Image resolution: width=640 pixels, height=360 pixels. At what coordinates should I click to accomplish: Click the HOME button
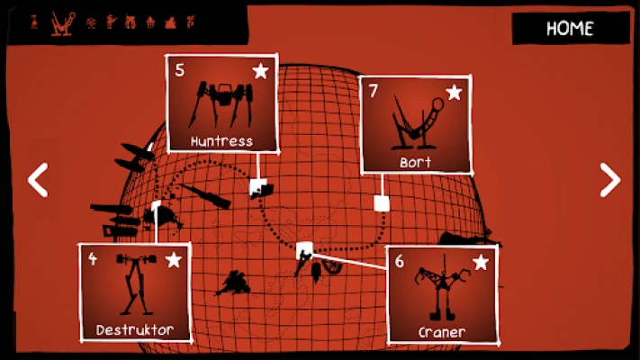pyautogui.click(x=571, y=28)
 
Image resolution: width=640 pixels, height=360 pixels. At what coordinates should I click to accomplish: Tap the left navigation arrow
pyautogui.click(x=38, y=180)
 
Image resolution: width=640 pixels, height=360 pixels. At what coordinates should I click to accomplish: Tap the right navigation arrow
pyautogui.click(x=610, y=180)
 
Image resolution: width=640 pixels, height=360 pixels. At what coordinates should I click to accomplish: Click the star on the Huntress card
pyautogui.click(x=260, y=71)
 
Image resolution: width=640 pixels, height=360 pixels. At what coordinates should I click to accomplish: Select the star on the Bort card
pyautogui.click(x=454, y=92)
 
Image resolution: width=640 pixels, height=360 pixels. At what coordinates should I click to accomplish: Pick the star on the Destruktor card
pyautogui.click(x=174, y=259)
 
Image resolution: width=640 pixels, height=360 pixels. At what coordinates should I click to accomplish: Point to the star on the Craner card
pyautogui.click(x=481, y=262)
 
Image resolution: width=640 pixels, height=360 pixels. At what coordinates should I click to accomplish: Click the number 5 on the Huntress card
pyautogui.click(x=180, y=70)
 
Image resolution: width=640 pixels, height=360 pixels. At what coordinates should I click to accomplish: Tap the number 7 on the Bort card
pyautogui.click(x=373, y=91)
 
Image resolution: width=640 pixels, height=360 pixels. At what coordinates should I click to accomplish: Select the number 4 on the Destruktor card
pyautogui.click(x=93, y=258)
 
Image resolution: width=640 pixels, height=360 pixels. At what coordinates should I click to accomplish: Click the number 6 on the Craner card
pyautogui.click(x=399, y=261)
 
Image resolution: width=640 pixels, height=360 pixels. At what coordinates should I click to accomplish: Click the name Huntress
pyautogui.click(x=221, y=141)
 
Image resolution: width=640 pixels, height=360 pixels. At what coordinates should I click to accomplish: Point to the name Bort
pyautogui.click(x=416, y=162)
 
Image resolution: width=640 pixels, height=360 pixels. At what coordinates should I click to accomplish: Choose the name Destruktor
pyautogui.click(x=135, y=329)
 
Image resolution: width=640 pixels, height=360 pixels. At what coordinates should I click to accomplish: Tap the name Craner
pyautogui.click(x=442, y=333)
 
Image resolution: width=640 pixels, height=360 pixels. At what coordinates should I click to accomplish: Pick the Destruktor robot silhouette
pyautogui.click(x=136, y=283)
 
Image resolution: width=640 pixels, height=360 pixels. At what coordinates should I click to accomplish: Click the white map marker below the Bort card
pyautogui.click(x=382, y=203)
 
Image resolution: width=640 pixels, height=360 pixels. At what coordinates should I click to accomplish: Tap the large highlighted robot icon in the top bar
pyautogui.click(x=63, y=23)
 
